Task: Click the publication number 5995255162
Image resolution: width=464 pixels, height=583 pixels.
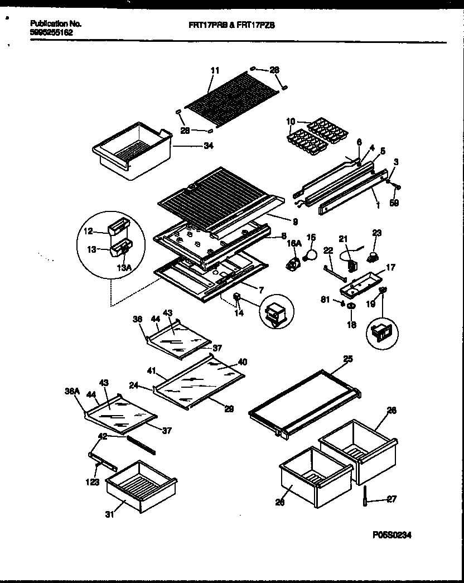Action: coord(51,32)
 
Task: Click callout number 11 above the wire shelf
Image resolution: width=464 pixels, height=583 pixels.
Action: coord(215,70)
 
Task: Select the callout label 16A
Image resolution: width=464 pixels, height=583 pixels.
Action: coord(293,244)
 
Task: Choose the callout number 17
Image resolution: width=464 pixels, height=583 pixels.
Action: coord(390,268)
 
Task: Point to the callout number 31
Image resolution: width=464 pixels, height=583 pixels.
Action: coord(110,514)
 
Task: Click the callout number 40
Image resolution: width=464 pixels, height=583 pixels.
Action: coord(241,362)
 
